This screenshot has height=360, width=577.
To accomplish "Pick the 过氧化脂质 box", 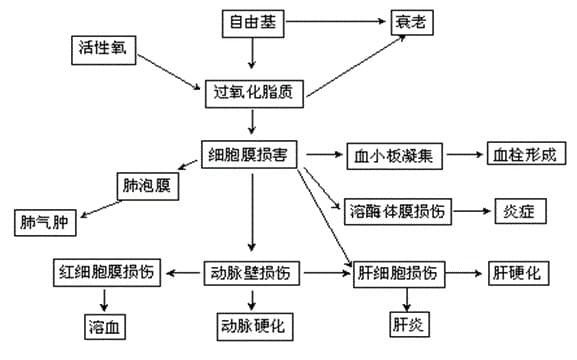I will click(x=254, y=93).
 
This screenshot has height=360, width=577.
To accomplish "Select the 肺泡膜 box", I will click(x=147, y=186).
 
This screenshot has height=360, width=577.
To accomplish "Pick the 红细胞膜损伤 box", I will click(x=107, y=272).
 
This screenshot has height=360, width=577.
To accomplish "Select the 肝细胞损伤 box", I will click(x=397, y=272).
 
